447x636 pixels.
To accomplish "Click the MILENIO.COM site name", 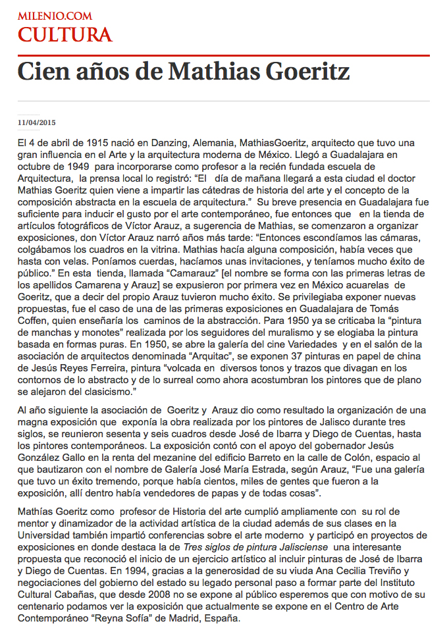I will (x=55, y=16).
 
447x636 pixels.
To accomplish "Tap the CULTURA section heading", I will (x=65, y=34).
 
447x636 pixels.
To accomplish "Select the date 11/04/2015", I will (x=37, y=122).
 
